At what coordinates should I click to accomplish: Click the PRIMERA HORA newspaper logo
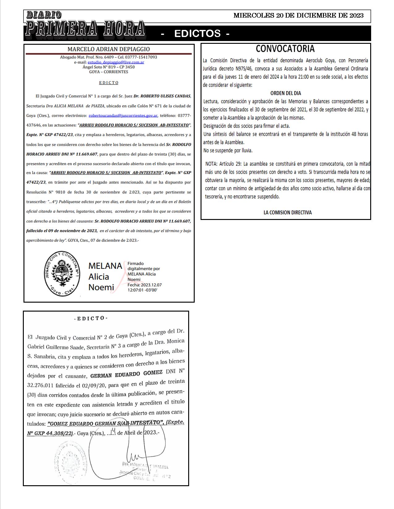[x=85, y=28]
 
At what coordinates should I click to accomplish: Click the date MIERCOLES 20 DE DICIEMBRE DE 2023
[x=298, y=15]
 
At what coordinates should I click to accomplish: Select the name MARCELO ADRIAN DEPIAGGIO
[x=108, y=49]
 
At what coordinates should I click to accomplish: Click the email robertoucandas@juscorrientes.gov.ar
[x=123, y=116]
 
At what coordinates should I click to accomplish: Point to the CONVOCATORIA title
[x=285, y=49]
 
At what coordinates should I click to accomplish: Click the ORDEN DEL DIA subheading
[x=286, y=93]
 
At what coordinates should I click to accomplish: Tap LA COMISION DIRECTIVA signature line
[x=287, y=212]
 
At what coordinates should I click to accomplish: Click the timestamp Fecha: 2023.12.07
[x=144, y=285]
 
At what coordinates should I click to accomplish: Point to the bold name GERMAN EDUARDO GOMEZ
[x=126, y=374]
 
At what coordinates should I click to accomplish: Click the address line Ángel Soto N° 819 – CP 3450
[x=108, y=67]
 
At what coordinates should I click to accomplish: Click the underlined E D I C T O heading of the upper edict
[x=108, y=83]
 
